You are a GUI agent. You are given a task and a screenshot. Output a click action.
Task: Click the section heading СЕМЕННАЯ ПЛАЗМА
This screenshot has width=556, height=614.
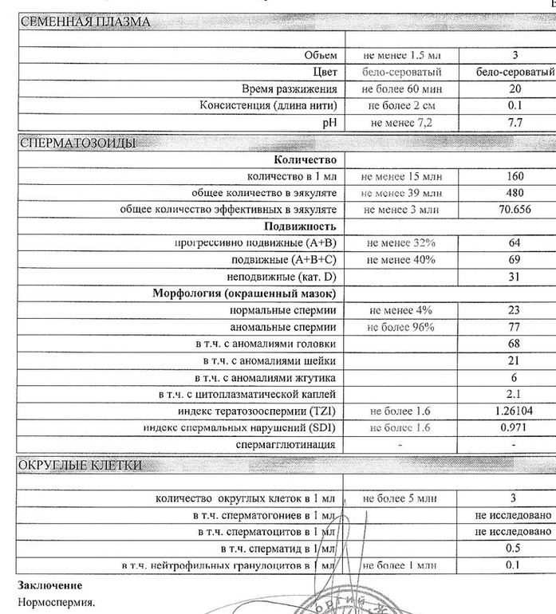84,22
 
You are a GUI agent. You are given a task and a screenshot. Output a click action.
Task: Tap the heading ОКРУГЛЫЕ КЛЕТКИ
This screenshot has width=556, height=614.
81,465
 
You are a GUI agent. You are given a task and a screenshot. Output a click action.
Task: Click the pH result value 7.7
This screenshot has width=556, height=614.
514,123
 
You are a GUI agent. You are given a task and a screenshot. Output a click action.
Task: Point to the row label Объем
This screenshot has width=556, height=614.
321,56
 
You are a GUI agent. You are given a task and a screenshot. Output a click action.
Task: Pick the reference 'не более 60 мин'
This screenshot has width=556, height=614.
400,89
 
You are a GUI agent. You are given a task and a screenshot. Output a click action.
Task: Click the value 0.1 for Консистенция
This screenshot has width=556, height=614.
514,106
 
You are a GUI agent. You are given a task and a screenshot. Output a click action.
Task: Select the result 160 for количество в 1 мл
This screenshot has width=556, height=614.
514,176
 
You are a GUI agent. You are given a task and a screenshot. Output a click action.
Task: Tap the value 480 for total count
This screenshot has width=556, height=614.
514,193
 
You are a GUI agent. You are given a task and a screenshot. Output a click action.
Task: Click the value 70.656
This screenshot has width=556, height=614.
514,210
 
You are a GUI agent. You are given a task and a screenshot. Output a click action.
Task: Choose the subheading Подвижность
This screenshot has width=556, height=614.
303,226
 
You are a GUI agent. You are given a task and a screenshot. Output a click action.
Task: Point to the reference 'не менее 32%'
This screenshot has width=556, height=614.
400,242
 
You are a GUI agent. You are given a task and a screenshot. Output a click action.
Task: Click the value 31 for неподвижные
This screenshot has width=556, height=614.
514,277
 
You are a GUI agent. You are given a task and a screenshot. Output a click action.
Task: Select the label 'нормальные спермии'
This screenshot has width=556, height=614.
283,310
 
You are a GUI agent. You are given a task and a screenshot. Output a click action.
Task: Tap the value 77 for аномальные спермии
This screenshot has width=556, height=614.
514,327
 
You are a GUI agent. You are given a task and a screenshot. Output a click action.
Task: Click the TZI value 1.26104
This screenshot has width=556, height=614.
514,411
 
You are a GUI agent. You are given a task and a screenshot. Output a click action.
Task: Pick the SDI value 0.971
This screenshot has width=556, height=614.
514,427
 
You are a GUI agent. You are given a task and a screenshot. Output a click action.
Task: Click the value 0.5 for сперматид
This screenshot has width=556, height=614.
514,548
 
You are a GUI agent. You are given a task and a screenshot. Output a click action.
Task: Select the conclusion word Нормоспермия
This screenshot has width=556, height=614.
56,603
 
